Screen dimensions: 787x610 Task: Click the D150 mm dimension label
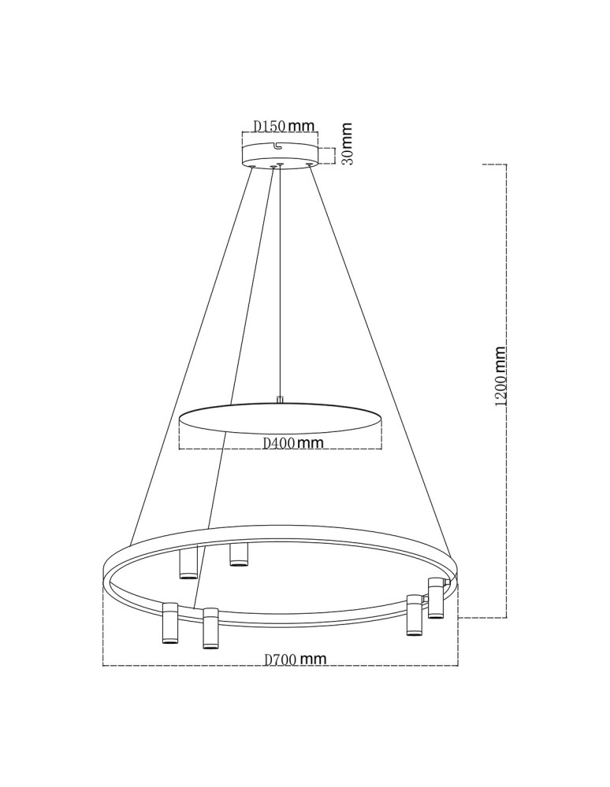[284, 126]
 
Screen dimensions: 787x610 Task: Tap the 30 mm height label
[347, 144]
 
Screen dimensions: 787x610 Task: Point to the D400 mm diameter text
[293, 443]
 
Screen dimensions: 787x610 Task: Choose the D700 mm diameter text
[295, 660]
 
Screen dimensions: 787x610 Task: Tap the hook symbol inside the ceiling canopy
[277, 145]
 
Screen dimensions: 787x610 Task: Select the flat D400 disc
[280, 418]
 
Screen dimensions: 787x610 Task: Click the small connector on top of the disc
[280, 400]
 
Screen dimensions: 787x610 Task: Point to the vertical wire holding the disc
[280, 283]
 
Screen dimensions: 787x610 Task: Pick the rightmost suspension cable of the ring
[378, 354]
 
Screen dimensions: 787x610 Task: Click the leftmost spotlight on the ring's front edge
[169, 623]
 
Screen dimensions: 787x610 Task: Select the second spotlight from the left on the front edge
[210, 627]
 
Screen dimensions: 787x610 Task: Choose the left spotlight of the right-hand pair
[413, 615]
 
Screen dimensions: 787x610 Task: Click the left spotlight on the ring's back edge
[188, 562]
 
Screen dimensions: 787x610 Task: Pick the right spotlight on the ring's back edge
[238, 554]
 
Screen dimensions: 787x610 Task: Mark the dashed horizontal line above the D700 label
[280, 667]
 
